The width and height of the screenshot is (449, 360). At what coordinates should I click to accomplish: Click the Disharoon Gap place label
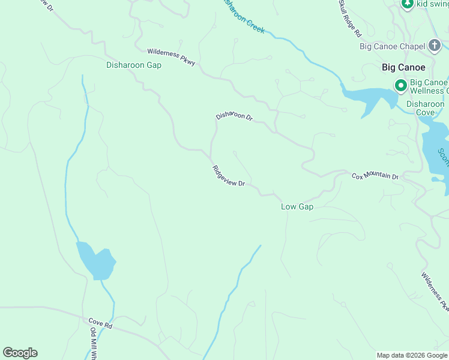pos(133,65)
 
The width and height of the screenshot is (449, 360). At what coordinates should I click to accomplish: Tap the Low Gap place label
pos(297,206)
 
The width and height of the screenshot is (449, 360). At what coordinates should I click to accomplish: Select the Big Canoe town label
pos(403,67)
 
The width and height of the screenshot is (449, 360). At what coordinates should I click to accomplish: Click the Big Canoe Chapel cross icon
pos(435,46)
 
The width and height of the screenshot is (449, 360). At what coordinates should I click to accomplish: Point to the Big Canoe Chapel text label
pos(392,46)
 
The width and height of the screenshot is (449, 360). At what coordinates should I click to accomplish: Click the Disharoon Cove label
pos(425,108)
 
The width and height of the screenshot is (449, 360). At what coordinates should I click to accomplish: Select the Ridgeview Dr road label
pos(228,176)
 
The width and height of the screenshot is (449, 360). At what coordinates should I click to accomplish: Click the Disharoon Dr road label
pos(234,115)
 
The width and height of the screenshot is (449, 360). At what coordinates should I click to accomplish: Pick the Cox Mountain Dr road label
pos(375,176)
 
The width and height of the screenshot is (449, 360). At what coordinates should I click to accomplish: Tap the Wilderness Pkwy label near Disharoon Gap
pos(171,58)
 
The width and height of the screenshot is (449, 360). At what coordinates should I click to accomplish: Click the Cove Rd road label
pos(100,325)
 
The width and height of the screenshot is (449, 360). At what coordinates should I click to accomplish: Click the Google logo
pos(20,353)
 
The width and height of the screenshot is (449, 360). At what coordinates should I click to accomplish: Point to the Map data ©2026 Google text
pos(412,355)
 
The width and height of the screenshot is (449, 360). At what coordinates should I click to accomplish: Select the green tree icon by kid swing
pos(408,4)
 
